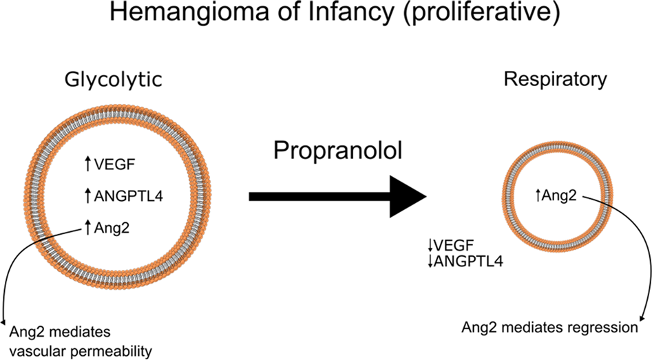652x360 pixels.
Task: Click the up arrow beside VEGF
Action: coord(88,164)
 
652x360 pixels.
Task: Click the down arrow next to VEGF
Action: coord(430,244)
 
